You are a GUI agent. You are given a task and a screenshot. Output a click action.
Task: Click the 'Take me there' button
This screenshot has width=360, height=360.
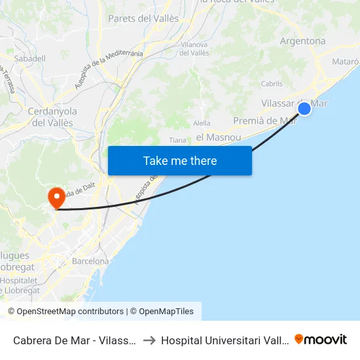[x=180, y=160]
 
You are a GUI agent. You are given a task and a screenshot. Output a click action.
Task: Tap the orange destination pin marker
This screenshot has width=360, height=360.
[x=56, y=196]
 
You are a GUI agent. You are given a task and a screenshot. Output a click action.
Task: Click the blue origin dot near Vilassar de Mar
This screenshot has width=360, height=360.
[x=304, y=109]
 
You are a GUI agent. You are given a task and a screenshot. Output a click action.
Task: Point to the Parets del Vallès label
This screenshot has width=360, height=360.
[x=143, y=18]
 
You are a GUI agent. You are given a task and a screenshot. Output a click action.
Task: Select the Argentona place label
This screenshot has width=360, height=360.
[x=302, y=41]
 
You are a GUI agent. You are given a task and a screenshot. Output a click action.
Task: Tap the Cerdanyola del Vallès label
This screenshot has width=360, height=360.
[x=52, y=117]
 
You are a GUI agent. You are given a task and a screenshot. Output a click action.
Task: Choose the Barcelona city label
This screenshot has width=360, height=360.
[x=90, y=261]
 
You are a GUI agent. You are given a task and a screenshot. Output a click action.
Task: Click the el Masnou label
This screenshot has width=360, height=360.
[x=219, y=137]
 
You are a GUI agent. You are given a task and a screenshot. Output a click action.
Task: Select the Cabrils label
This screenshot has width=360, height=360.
[x=272, y=84]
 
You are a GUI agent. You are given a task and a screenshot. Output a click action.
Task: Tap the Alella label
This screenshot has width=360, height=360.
[x=202, y=122]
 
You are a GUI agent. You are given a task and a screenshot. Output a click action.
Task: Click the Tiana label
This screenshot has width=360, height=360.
[x=177, y=140]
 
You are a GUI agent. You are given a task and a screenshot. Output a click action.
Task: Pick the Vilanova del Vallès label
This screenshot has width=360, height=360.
[x=194, y=48]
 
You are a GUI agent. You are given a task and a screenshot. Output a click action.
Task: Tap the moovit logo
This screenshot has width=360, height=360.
[x=321, y=339]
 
